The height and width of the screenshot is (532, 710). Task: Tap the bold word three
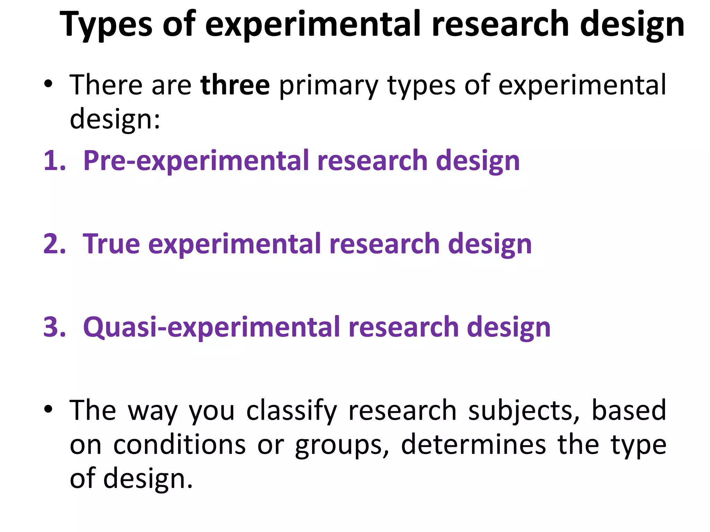click(235, 85)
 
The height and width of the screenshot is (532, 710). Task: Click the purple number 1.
click(54, 161)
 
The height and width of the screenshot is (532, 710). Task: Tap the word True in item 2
click(111, 244)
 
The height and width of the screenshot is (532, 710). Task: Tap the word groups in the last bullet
click(342, 446)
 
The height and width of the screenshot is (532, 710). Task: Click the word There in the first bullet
click(106, 85)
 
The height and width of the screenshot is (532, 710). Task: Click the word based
click(629, 410)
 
